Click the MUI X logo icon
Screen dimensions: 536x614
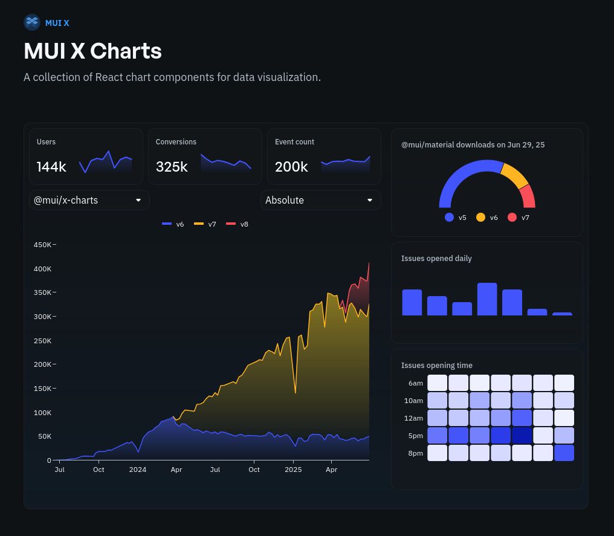31,22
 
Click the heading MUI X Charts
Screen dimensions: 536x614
92,51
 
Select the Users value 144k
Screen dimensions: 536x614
51,167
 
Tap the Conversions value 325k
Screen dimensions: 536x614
172,167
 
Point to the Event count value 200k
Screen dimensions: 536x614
291,167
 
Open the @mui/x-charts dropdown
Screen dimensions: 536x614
89,200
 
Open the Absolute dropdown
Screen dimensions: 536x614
320,200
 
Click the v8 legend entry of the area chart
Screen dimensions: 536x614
237,224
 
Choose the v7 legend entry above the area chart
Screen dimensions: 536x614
205,224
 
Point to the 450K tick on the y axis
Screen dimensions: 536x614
42,245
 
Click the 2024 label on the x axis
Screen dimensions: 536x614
137,470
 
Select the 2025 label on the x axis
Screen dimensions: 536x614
293,470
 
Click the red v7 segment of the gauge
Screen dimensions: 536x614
527,196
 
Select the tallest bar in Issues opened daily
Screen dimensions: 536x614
487,299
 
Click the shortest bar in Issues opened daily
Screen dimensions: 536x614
562,314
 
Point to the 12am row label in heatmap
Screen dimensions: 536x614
413,418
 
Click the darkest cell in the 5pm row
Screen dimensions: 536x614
522,436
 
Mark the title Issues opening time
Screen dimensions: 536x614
436,365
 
